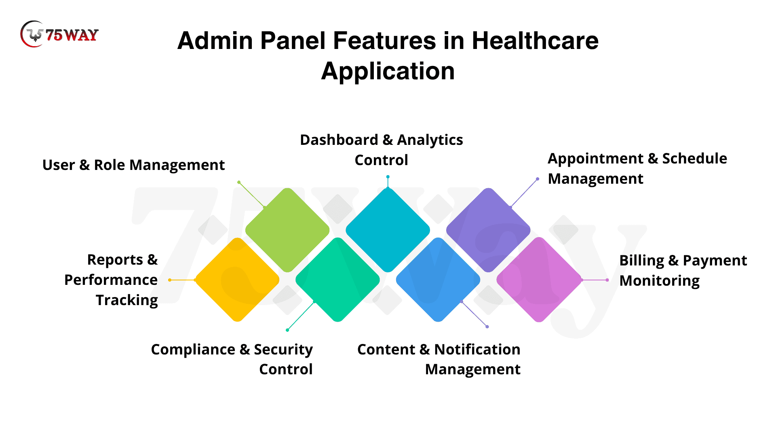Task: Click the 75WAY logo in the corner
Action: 59,34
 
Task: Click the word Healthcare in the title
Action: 535,41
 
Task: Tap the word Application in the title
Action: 388,71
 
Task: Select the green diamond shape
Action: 287,230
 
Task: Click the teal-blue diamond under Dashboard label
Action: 388,230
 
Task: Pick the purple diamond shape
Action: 488,230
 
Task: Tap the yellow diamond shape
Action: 237,280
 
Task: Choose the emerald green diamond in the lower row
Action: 337,280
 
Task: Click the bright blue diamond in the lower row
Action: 438,280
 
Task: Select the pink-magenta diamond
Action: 539,280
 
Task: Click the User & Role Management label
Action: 133,165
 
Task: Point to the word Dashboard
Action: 339,140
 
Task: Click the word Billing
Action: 641,261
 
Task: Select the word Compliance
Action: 193,350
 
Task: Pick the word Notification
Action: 477,350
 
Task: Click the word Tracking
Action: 127,300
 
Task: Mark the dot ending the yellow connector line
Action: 170,280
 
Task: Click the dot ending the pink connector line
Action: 607,280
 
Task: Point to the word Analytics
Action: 430,140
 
